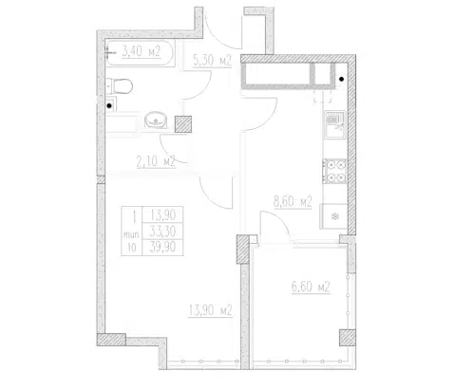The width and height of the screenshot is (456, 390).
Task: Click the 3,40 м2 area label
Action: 142,51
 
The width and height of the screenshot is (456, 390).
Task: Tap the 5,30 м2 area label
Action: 212,60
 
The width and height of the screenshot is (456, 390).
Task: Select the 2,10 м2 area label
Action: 156,161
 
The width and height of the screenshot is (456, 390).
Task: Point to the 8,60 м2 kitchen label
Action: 293,201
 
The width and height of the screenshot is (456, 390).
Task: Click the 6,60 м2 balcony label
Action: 311,287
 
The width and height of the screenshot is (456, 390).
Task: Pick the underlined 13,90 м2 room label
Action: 211,310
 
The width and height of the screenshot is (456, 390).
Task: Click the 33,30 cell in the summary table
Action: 162,232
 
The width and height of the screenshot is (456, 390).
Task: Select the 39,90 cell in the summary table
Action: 162,247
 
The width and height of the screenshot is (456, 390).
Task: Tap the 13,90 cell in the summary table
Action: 162,215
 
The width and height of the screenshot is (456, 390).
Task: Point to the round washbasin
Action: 156,120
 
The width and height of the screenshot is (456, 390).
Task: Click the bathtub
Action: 140,53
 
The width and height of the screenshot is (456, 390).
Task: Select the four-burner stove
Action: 335,171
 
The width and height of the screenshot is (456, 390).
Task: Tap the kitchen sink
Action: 335,124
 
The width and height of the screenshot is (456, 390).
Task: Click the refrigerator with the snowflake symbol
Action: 334,216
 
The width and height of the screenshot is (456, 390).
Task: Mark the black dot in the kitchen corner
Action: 342,79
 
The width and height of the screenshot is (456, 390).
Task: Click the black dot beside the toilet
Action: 109,106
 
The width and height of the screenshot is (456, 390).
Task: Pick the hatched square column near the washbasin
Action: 183,124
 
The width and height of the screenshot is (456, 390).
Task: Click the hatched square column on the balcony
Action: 348,338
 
